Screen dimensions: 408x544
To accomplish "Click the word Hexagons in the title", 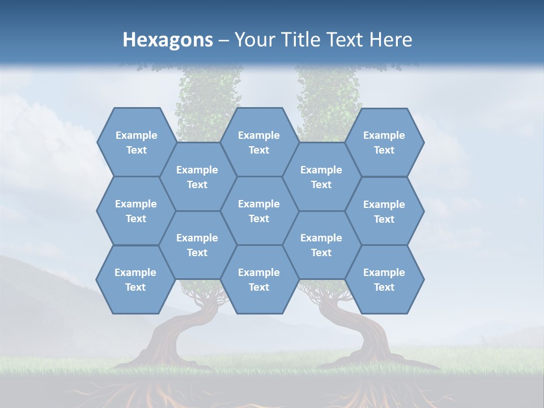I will coord(168,40).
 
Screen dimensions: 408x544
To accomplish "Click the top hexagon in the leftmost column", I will coord(136,142).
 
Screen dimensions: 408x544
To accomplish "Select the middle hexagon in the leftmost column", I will coord(136,211).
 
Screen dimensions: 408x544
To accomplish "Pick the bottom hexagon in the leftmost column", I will coord(135,279).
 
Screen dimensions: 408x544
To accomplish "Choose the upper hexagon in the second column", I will coord(197,177).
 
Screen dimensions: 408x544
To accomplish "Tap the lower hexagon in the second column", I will coord(197,245).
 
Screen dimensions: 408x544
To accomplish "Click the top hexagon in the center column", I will coord(259,142).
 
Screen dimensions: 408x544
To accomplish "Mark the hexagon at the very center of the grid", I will coord(259,211).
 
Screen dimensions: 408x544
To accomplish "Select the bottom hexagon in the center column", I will coord(259,279).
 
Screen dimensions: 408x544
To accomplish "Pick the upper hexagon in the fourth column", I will coord(321,177).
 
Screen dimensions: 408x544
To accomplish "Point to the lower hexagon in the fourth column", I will coord(321,245).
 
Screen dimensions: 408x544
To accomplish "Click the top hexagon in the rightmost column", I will coord(384,142).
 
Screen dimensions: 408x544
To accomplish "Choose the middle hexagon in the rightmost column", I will coord(384,211).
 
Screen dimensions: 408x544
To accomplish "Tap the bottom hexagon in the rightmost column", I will coord(384,279).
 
